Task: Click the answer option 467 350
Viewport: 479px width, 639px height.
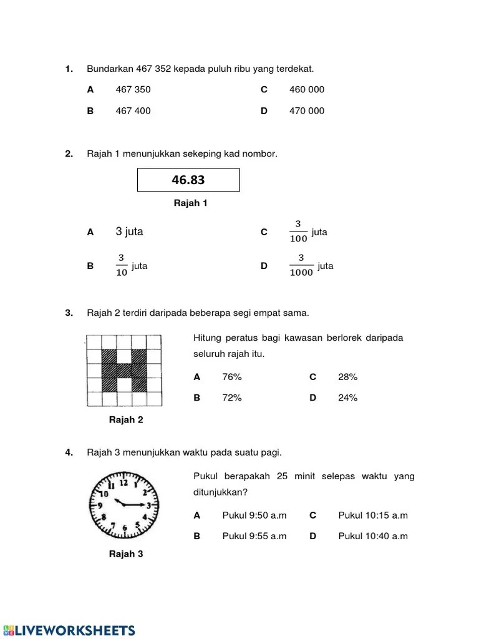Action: pos(133,89)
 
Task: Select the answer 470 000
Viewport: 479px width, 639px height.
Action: pos(307,111)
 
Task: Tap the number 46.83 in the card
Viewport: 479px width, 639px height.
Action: pos(188,181)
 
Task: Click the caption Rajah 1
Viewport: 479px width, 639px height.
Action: pos(190,203)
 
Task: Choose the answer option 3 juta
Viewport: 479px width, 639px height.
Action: pos(129,232)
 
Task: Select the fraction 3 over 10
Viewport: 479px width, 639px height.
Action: pos(122,266)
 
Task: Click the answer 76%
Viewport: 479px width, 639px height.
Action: pos(231,377)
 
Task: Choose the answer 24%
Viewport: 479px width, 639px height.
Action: pos(347,398)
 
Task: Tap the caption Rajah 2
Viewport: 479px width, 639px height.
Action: pos(126,420)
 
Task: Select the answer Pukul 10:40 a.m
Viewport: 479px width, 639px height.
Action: pos(373,536)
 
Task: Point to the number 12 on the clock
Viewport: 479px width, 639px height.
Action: pos(123,482)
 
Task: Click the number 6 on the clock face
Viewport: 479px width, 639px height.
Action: pos(124,528)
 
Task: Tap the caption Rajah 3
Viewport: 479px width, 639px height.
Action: pos(126,554)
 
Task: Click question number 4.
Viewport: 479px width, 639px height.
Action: pos(69,452)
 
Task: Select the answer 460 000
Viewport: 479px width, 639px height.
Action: pos(307,89)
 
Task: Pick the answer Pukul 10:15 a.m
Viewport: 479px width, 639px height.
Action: pos(373,515)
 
